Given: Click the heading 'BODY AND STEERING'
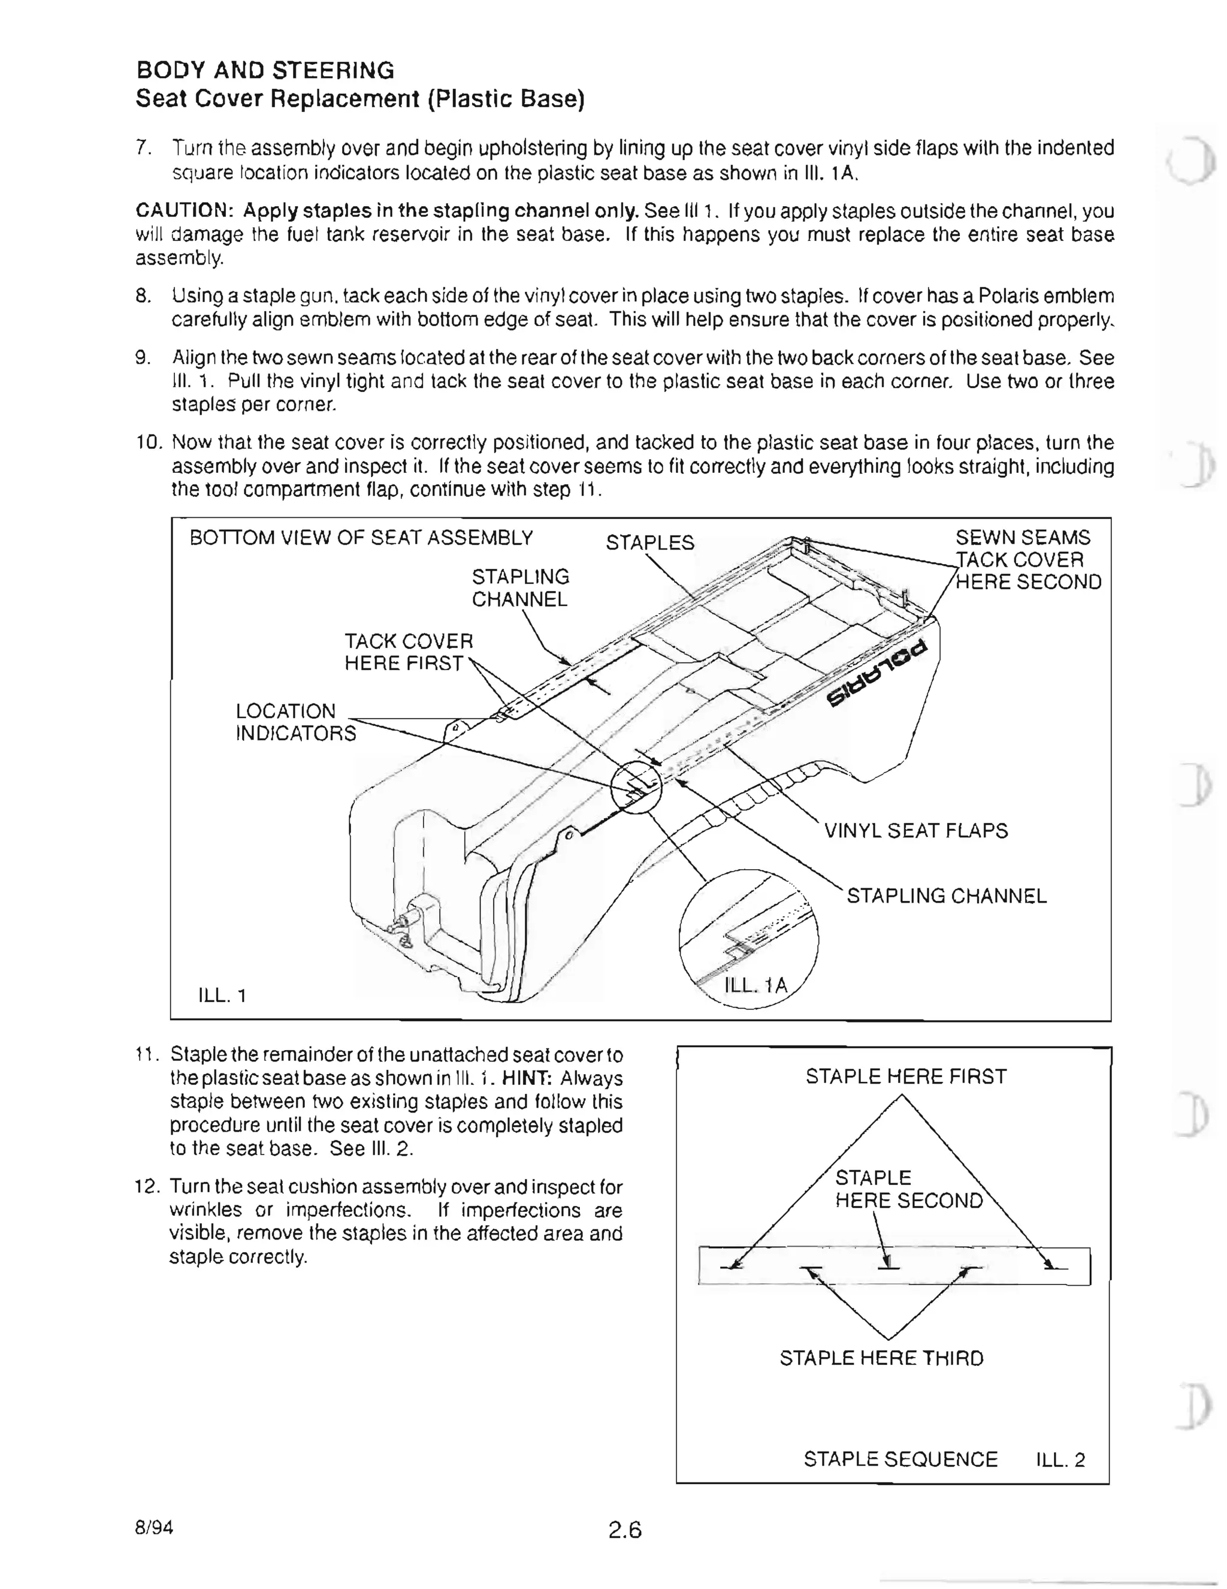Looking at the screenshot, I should [x=265, y=71].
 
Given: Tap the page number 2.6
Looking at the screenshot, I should [x=625, y=1531].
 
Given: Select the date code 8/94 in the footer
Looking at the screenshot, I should [x=154, y=1527].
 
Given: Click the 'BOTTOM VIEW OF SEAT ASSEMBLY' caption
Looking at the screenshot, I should [x=361, y=538].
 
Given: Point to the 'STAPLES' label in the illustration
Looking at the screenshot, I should [x=649, y=543].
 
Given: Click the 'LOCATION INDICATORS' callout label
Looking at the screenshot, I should [x=295, y=722].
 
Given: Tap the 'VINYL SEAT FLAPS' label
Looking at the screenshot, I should [x=915, y=831].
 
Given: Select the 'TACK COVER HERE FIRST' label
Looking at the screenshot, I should [x=407, y=652].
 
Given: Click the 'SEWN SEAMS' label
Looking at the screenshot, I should [x=1022, y=538].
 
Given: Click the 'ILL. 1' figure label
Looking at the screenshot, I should [x=222, y=994].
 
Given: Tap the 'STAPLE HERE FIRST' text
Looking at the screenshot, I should [x=905, y=1077].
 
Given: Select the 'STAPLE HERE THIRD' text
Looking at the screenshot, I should [x=881, y=1358].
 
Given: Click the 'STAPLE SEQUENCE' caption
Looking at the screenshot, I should [x=900, y=1460].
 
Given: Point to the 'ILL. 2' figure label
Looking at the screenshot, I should [x=1060, y=1460].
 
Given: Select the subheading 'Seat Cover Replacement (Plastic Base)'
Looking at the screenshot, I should [x=360, y=99].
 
